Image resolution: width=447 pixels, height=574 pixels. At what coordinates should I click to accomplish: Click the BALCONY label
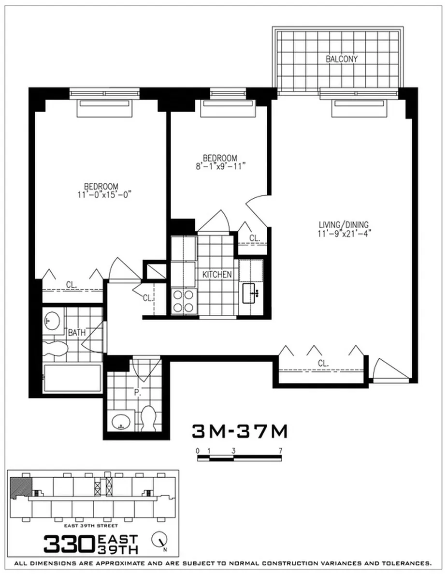click(341, 59)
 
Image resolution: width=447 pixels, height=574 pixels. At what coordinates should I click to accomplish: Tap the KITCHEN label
click(217, 275)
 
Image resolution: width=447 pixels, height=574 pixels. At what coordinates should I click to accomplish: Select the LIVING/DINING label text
click(344, 224)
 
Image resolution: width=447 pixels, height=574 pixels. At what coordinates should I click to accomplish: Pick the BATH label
click(76, 332)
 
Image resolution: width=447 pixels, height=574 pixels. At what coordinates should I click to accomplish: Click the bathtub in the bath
click(72, 379)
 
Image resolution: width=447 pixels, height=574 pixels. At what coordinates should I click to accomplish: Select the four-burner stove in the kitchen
click(184, 301)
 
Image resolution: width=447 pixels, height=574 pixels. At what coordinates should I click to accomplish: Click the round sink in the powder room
click(120, 422)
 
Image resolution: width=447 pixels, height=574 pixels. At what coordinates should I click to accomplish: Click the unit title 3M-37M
click(240, 431)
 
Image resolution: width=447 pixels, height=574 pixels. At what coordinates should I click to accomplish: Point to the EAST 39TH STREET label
click(91, 525)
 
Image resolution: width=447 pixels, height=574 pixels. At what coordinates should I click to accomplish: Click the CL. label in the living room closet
click(323, 363)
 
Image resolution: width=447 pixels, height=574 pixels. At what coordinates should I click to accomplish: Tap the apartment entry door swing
click(389, 369)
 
